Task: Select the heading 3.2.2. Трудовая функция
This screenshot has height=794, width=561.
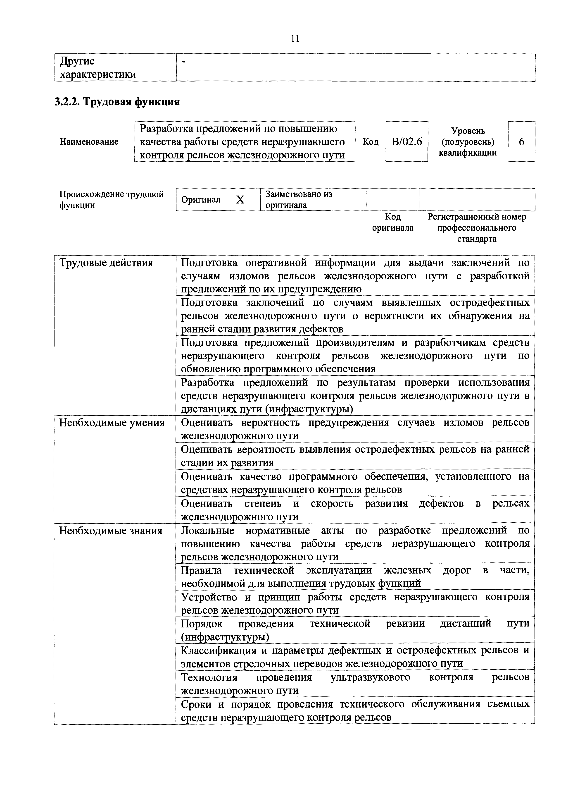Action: [x=118, y=102]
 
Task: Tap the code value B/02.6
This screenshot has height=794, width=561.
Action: [x=406, y=142]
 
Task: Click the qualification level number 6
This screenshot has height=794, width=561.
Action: [x=521, y=142]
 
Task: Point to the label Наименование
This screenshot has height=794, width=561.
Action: [x=89, y=142]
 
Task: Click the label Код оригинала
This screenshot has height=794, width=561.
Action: [x=393, y=222]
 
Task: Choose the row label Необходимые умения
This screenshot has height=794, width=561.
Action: [x=112, y=423]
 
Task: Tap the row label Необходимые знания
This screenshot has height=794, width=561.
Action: [x=111, y=531]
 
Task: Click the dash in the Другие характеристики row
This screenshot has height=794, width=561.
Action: [x=183, y=62]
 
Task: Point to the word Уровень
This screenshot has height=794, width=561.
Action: [x=468, y=131]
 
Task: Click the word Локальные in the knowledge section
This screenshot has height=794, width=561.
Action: [x=207, y=531]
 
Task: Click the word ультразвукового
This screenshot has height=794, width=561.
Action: [x=370, y=677]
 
